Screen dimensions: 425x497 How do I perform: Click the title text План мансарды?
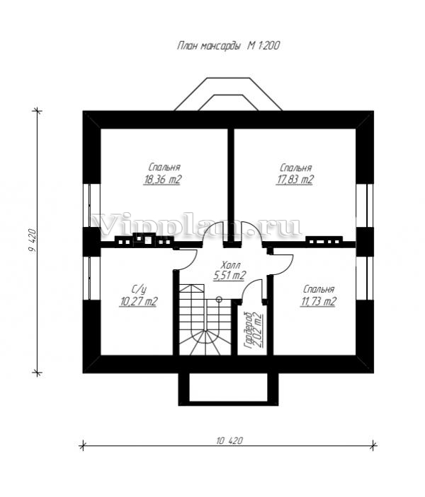[x=208, y=46]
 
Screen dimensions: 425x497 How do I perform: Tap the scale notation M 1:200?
[x=263, y=46]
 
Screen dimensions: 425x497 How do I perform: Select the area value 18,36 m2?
[x=162, y=180]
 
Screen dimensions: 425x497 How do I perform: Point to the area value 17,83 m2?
[x=295, y=180]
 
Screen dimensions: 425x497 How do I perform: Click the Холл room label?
[x=231, y=264]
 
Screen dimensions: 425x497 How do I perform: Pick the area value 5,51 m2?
[x=229, y=276]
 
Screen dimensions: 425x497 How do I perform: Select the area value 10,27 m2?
[x=139, y=301]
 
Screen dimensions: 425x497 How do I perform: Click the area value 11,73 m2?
[x=317, y=301]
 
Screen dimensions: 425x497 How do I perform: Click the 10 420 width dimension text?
[x=229, y=440]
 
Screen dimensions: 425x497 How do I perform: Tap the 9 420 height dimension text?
[x=33, y=240]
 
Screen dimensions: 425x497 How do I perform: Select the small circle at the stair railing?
[x=219, y=298]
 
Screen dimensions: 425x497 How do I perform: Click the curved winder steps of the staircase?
[x=205, y=343]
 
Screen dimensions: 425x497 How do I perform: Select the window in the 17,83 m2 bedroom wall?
[x=364, y=206]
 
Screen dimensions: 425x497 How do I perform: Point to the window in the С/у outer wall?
[x=92, y=278]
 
